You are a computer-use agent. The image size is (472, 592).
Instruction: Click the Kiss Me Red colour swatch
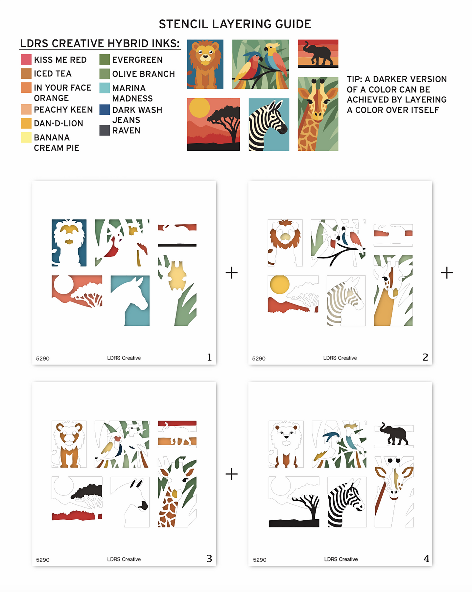(x=26, y=60)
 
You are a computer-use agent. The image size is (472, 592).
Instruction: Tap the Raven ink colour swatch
(x=105, y=130)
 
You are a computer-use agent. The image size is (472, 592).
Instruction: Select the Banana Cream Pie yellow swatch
(x=26, y=137)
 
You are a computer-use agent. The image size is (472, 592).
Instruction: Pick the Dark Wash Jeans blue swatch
(x=105, y=110)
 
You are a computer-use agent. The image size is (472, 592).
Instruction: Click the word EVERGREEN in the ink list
(x=137, y=60)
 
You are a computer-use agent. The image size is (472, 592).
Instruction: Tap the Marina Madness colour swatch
(x=105, y=88)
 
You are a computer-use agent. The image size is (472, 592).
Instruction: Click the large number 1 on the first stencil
(x=209, y=357)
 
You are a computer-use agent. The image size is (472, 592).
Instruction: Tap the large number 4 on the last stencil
(x=426, y=558)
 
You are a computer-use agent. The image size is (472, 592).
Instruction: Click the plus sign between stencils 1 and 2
(x=232, y=273)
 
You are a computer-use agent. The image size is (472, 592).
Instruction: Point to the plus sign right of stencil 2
(x=447, y=273)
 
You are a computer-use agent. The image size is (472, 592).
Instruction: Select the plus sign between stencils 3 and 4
(x=232, y=474)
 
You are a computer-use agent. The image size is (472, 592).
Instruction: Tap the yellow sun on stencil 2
(x=280, y=285)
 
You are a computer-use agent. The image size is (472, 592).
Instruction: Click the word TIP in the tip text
(x=354, y=79)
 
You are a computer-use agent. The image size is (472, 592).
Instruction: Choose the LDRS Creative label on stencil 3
(x=124, y=559)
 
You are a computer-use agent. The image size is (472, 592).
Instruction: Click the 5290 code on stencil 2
(x=259, y=358)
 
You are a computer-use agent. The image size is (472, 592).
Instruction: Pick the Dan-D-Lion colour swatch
(x=26, y=123)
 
